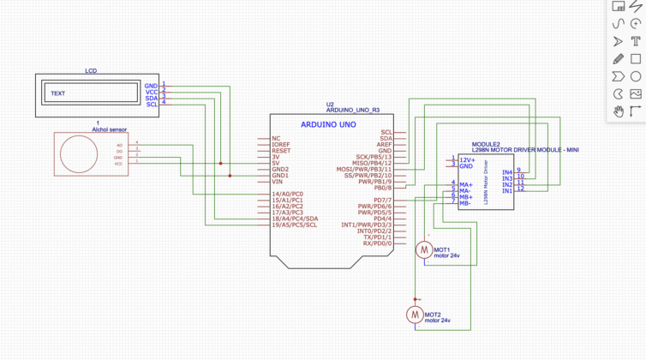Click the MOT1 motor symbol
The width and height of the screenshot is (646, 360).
click(423, 249)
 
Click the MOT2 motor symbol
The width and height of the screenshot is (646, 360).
click(414, 315)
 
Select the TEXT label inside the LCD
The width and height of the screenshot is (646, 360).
click(58, 93)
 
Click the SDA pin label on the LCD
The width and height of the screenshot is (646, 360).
click(151, 98)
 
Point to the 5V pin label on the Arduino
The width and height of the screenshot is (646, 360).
click(275, 163)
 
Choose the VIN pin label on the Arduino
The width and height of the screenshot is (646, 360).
click(277, 182)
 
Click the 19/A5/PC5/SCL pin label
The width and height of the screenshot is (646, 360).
click(294, 225)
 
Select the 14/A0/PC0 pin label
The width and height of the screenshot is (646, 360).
click(287, 195)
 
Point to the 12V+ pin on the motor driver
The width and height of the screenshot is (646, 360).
click(467, 159)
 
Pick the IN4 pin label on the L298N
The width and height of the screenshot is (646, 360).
click(506, 171)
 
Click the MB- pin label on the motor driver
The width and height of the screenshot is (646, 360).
click(465, 203)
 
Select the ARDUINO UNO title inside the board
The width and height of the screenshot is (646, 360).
click(322, 124)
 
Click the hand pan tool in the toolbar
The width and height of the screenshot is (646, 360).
click(618, 111)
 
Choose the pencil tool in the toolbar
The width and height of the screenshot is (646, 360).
click(618, 59)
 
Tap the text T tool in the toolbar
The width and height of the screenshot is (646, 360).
click(636, 41)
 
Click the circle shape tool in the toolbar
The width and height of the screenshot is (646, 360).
click(636, 76)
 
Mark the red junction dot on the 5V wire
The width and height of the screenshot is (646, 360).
click(220, 163)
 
